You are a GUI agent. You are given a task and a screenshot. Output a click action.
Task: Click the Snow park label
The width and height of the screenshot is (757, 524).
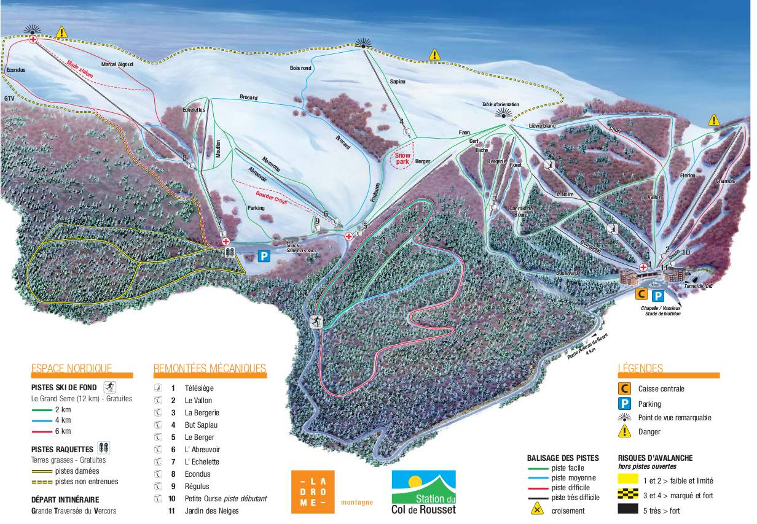[402, 159]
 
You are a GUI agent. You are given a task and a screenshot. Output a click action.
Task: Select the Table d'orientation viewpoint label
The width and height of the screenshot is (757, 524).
[500, 105]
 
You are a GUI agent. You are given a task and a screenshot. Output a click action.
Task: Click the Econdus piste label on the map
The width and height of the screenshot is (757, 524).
[15, 71]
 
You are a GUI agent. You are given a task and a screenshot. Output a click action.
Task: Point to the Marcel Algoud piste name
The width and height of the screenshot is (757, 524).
[117, 64]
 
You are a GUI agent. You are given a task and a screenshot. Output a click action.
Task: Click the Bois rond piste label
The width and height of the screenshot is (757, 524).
[300, 67]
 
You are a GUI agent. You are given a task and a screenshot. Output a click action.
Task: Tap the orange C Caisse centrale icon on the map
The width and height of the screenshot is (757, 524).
[640, 295]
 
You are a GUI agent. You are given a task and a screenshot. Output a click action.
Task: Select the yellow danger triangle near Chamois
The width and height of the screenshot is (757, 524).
[713, 120]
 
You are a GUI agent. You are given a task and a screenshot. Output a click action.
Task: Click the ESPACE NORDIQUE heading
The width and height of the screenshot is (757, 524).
[72, 368]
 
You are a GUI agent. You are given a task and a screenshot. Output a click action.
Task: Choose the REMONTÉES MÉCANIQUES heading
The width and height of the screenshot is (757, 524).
[210, 368]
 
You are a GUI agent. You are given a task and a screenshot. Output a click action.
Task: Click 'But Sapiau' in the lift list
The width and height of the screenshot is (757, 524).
[201, 425]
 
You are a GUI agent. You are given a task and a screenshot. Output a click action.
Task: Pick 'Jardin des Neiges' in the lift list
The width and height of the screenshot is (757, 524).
[211, 511]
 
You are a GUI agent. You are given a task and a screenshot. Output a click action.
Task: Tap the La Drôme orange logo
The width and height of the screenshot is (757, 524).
[312, 491]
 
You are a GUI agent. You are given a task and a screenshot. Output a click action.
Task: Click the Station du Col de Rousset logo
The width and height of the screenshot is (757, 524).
[423, 492]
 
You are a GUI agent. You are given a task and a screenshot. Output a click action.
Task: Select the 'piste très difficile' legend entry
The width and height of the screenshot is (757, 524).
[575, 497]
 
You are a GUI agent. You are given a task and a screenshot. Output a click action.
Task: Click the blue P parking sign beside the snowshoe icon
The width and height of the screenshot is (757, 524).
[264, 256]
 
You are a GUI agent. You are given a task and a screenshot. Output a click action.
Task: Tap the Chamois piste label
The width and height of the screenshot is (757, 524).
[726, 181]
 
